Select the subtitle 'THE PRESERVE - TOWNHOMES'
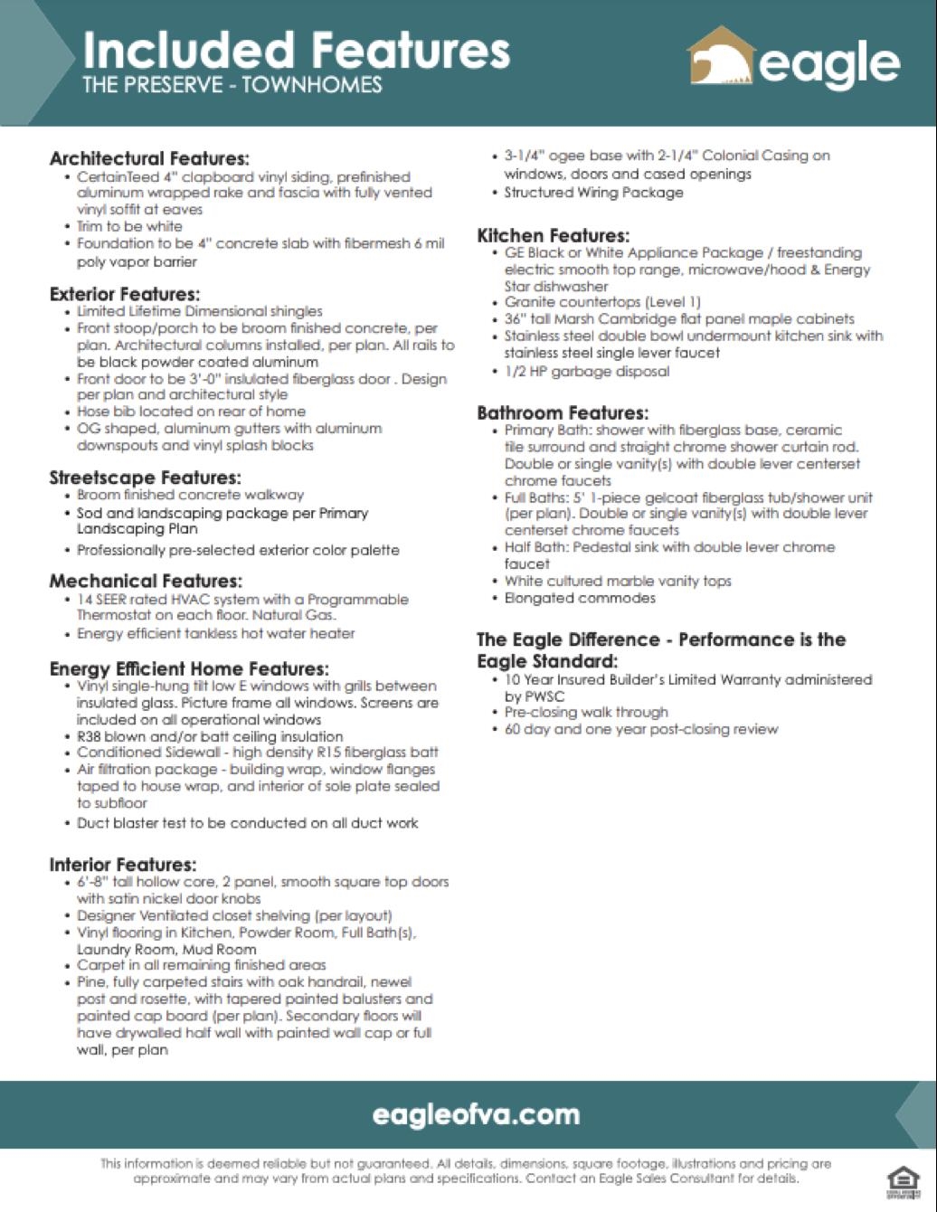(x=232, y=86)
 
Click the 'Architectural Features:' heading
(x=149, y=158)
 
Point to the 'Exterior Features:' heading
(x=125, y=294)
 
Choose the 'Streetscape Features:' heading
(x=145, y=478)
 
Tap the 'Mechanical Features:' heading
(x=146, y=581)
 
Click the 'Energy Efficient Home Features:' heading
(x=189, y=668)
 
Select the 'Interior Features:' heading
(x=122, y=865)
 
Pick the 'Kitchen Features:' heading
(x=554, y=236)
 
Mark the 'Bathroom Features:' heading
(x=563, y=413)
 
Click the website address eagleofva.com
(x=476, y=1114)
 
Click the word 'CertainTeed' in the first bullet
(x=118, y=177)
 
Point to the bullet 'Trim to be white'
(x=129, y=226)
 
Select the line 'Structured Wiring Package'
(x=593, y=193)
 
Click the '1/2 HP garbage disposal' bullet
(x=587, y=371)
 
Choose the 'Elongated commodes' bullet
(x=580, y=598)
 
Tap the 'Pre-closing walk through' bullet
(x=586, y=712)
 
